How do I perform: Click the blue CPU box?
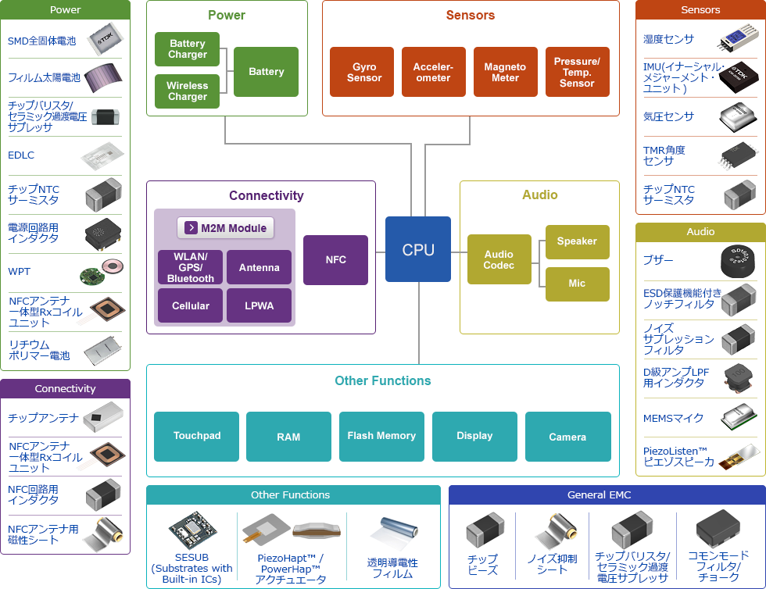[x=417, y=249]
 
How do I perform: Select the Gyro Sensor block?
[x=364, y=72]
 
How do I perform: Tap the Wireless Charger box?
[x=188, y=91]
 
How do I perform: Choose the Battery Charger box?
[x=188, y=49]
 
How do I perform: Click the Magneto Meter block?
[x=505, y=72]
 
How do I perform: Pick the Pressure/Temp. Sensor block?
[x=577, y=72]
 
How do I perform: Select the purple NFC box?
[x=335, y=259]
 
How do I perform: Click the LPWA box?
[x=259, y=305]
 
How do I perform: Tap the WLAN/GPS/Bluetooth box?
[x=190, y=267]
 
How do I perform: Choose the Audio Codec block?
[x=499, y=259]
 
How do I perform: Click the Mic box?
[x=577, y=284]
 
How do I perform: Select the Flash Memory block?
[x=381, y=436]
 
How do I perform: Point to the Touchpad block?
[x=197, y=436]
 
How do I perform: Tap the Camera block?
[x=567, y=436]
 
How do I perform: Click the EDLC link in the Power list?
[x=21, y=155]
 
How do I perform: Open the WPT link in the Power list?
[x=20, y=272]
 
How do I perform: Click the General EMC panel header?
[x=598, y=494]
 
